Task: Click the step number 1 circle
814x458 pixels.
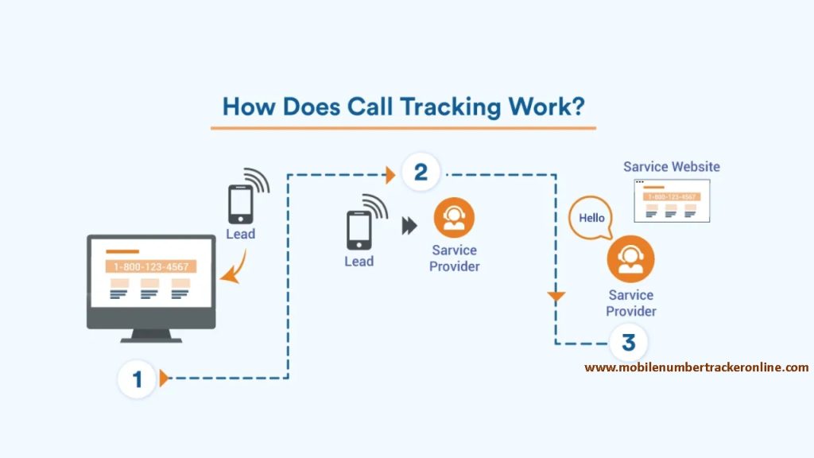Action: pyautogui.click(x=137, y=378)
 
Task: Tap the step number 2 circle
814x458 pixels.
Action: pyautogui.click(x=421, y=172)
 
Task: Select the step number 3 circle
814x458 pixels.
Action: pyautogui.click(x=628, y=343)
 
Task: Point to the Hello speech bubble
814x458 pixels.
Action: pyautogui.click(x=591, y=218)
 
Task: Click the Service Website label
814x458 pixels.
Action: pyautogui.click(x=671, y=167)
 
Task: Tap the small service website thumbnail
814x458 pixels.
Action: pyautogui.click(x=671, y=200)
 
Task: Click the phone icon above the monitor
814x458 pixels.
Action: pyautogui.click(x=240, y=204)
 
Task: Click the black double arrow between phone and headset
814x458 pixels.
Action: pyautogui.click(x=409, y=226)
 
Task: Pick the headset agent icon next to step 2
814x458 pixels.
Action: pyautogui.click(x=454, y=218)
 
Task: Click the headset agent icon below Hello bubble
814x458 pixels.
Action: pyautogui.click(x=630, y=258)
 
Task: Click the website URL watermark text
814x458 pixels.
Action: pyautogui.click(x=696, y=367)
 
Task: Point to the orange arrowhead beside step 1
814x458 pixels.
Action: pyautogui.click(x=164, y=378)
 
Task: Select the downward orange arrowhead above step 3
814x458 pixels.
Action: pyautogui.click(x=556, y=297)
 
